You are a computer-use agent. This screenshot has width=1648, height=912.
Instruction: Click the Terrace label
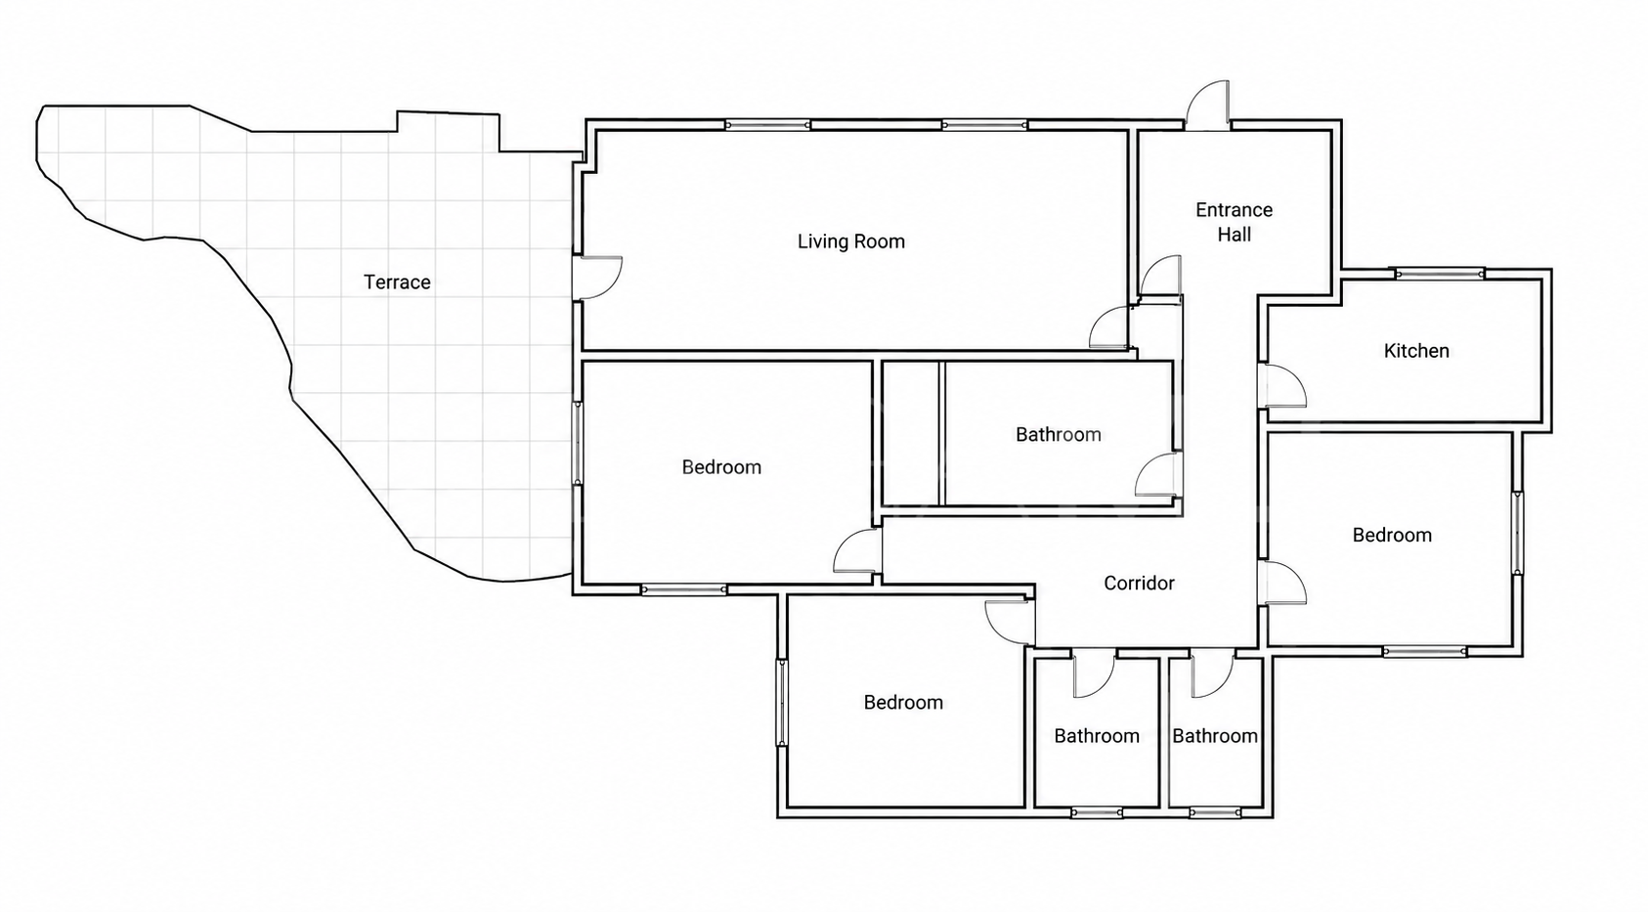coord(397,282)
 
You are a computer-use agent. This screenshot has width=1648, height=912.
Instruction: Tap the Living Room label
coord(851,242)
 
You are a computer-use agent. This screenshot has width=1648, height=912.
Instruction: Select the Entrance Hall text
coord(1234,222)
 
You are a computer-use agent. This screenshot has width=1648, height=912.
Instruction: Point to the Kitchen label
coord(1416,351)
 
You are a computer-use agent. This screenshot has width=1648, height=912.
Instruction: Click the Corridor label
coord(1139,584)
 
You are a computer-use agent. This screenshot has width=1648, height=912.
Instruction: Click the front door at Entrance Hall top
coord(1207,106)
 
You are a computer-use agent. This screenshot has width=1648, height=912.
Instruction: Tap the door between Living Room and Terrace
coord(597,278)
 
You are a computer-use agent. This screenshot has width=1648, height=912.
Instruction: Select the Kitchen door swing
coord(1281,385)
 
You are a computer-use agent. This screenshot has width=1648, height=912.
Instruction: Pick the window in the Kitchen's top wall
coord(1440,275)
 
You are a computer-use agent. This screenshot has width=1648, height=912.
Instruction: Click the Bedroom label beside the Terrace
coord(721,468)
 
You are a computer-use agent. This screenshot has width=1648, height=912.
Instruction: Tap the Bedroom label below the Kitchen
coord(1392,536)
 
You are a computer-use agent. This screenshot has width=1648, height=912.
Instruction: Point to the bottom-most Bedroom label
coord(903,703)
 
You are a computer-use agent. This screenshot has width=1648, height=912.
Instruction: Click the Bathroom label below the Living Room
coord(1058,435)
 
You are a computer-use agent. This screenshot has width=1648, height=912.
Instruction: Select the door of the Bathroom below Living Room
coord(1158,474)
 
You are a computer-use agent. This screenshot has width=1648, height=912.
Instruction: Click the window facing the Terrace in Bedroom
coord(578,444)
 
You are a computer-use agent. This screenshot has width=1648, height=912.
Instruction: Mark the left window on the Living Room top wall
coord(768,126)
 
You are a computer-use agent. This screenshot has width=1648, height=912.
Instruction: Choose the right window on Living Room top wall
coord(984,126)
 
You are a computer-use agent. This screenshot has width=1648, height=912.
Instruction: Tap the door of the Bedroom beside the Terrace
coord(857,551)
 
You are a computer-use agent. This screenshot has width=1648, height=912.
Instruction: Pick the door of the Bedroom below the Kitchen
coord(1281,584)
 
